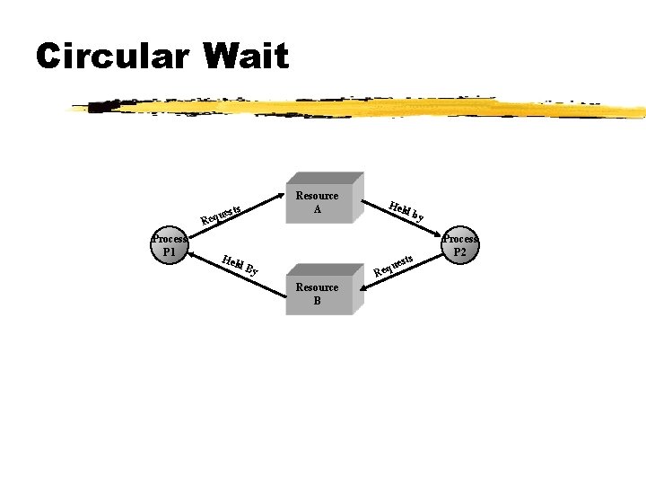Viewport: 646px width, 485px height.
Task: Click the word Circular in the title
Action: coord(112,57)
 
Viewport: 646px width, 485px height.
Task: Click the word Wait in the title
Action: coord(246,57)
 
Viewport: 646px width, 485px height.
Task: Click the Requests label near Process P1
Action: coord(223,213)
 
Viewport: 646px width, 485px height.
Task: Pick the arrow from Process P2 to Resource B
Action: coord(404,271)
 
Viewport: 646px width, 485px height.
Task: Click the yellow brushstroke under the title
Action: coord(359,109)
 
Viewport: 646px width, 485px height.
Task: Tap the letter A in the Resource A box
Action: coord(317,209)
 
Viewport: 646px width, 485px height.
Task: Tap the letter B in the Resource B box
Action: coord(317,301)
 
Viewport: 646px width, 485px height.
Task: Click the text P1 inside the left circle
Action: coord(168,252)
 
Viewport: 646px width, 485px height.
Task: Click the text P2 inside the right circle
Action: coord(459,252)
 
